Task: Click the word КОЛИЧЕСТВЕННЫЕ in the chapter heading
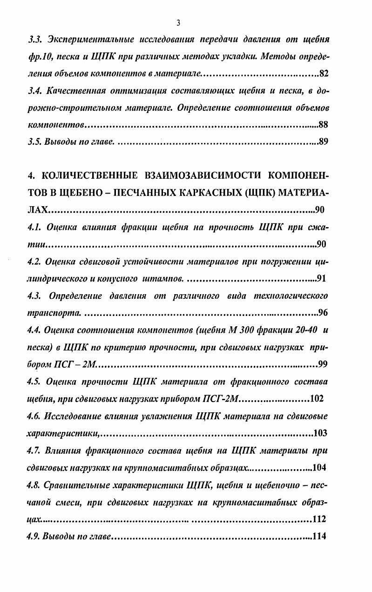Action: click(87, 175)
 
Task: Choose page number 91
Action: click(322, 279)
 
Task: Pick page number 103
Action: click(320, 433)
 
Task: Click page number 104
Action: click(320, 467)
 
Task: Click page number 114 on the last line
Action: click(320, 536)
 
